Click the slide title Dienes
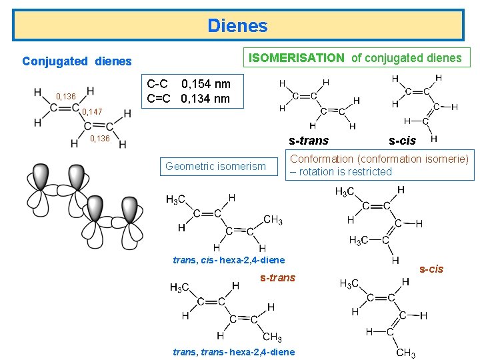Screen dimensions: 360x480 [x=237, y=26]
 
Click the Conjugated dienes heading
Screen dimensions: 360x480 [x=77, y=61]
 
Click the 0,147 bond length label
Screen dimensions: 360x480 [x=92, y=112]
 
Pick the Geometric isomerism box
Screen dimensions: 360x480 [x=215, y=167]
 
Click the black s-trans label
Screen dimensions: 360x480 [x=308, y=141]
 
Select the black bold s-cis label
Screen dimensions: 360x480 [x=402, y=141]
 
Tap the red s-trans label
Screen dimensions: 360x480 [x=277, y=277]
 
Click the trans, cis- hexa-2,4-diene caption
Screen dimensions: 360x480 [x=229, y=260]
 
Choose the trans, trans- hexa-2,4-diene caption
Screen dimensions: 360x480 [x=233, y=352]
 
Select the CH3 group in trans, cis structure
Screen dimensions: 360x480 [x=273, y=219]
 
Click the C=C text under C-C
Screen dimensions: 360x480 [x=159, y=99]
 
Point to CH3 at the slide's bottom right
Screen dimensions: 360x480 [x=405, y=352]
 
